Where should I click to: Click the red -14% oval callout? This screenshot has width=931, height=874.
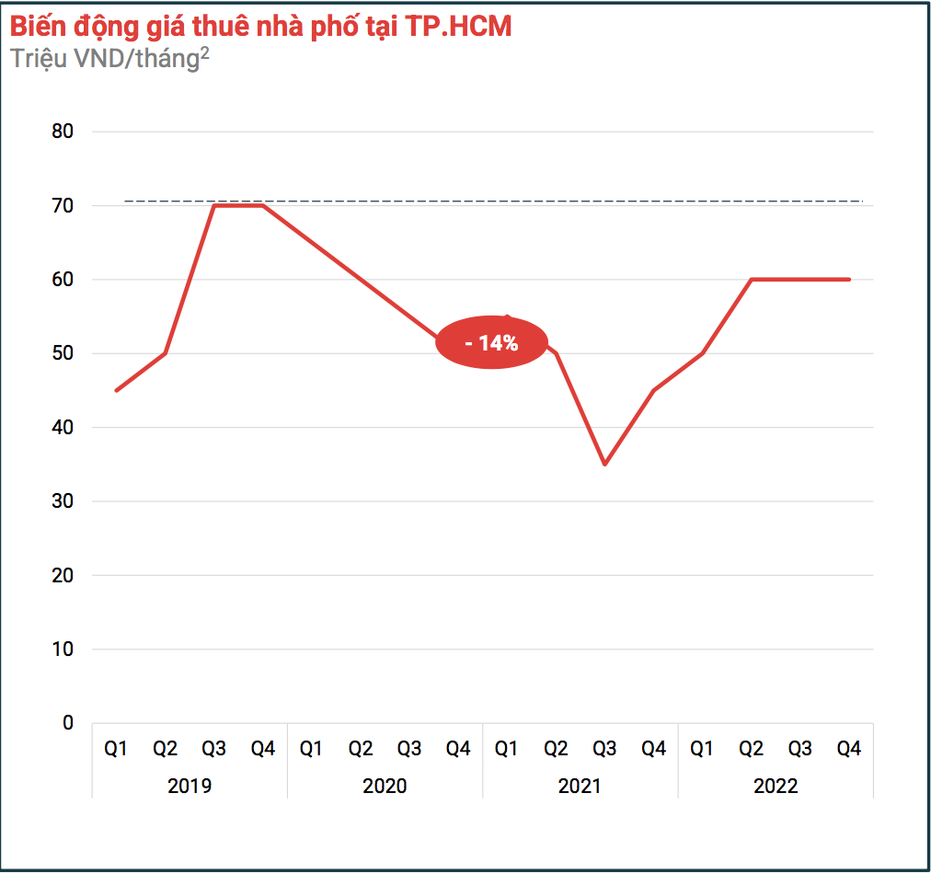(491, 343)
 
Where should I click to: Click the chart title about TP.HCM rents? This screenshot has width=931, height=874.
(260, 27)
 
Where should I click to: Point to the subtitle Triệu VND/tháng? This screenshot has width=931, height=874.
(105, 58)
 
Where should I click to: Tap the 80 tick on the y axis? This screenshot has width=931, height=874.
(63, 132)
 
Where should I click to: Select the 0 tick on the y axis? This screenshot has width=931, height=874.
(68, 723)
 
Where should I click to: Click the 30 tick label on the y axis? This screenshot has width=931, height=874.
(63, 501)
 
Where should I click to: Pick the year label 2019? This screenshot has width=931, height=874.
(190, 787)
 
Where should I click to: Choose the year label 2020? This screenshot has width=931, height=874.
(385, 787)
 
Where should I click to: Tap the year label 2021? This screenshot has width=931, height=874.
(580, 787)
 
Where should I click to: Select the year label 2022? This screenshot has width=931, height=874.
(776, 787)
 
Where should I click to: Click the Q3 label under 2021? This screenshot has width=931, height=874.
(604, 749)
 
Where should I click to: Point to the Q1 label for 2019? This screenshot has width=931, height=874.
(116, 749)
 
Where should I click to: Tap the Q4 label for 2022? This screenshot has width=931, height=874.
(848, 749)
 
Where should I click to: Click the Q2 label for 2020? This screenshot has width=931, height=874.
(360, 749)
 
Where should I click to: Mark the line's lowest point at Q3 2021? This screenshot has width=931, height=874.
(604, 464)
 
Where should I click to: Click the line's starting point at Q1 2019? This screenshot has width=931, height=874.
(116, 390)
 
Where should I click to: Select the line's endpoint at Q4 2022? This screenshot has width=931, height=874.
(848, 279)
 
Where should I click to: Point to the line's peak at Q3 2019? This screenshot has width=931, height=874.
(213, 205)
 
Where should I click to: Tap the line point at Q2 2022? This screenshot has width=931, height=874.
(752, 279)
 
